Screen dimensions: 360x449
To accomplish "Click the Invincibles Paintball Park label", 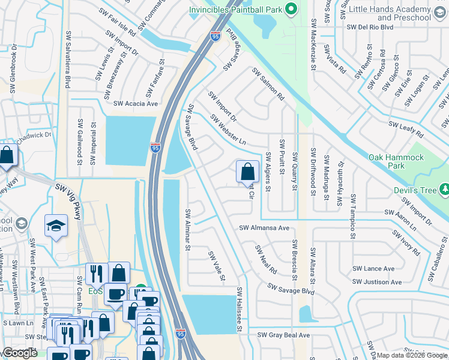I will [x=235, y=10].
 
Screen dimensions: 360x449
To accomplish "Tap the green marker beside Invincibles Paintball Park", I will [x=291, y=8].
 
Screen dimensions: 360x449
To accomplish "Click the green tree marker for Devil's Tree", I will [x=444, y=190].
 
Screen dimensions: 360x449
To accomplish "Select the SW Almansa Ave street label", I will [x=264, y=228].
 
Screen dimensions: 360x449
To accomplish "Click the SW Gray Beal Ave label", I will [x=283, y=335].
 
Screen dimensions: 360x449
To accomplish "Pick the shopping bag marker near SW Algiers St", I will [x=247, y=172].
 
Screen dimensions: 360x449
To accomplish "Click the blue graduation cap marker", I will [x=56, y=226].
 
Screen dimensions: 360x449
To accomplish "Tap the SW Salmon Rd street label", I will [x=267, y=83].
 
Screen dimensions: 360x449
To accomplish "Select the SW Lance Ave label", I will [x=373, y=269].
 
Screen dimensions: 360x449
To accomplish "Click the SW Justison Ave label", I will [x=377, y=282].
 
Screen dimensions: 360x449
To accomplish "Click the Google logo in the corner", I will [x=20, y=353].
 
